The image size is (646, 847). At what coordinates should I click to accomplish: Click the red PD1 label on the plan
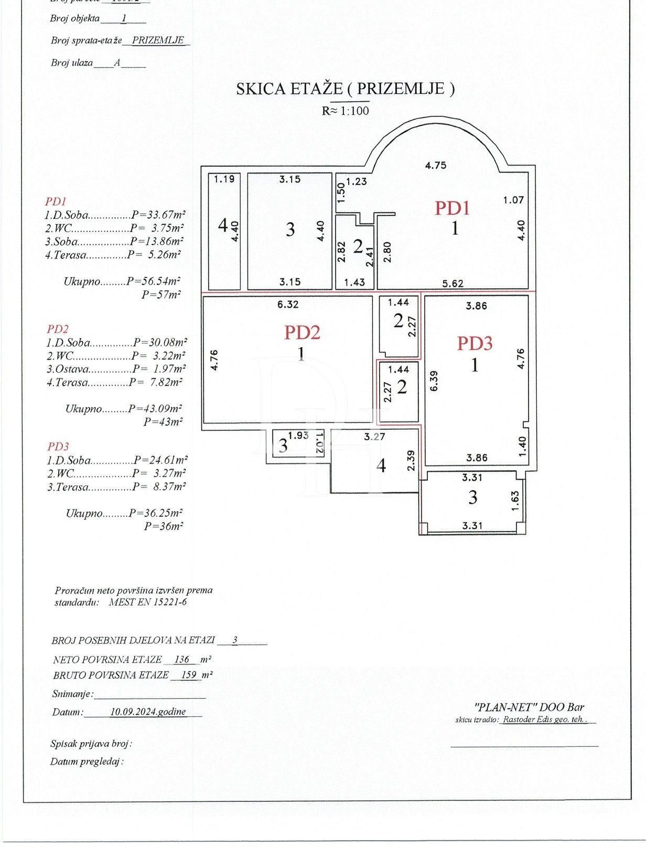pyautogui.click(x=451, y=208)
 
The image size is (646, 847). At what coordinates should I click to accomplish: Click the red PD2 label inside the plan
pyautogui.click(x=302, y=332)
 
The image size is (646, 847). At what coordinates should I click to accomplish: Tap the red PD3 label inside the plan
pyautogui.click(x=475, y=343)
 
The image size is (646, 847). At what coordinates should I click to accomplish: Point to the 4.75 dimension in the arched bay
pyautogui.click(x=435, y=165)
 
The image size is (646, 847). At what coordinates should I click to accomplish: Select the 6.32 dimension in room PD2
pyautogui.click(x=289, y=304)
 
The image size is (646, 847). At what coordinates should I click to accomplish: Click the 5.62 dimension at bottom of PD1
pyautogui.click(x=453, y=284)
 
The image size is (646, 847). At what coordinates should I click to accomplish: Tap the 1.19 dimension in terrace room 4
pyautogui.click(x=224, y=179)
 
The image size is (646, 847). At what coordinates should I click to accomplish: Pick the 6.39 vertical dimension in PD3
pyautogui.click(x=433, y=381)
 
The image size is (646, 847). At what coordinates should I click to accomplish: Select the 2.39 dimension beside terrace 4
pyautogui.click(x=412, y=461)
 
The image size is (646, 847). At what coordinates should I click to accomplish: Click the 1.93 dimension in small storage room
pyautogui.click(x=298, y=435)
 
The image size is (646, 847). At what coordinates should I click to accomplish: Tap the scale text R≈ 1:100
pyautogui.click(x=346, y=111)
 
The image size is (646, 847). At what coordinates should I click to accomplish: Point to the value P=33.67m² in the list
pyautogui.click(x=158, y=215)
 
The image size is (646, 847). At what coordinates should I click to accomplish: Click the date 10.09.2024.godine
pyautogui.click(x=148, y=712)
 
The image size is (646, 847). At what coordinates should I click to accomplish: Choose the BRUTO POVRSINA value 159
pyautogui.click(x=189, y=675)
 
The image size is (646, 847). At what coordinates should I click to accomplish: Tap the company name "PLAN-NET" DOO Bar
pyautogui.click(x=529, y=707)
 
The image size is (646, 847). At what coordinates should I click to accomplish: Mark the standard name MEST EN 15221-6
pyautogui.click(x=147, y=602)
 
